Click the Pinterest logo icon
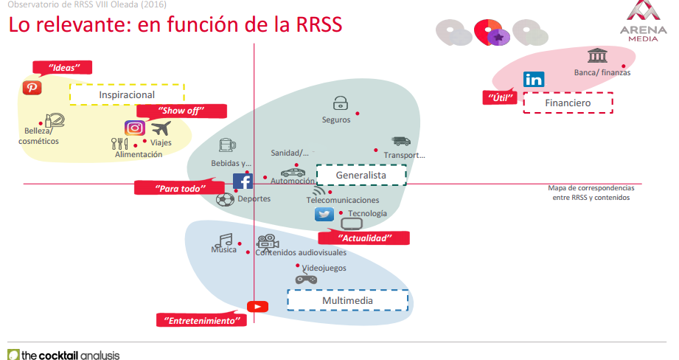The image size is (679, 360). pos(32,87)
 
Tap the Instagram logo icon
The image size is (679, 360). pos(134,128)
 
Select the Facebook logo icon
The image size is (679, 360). pos(243,181)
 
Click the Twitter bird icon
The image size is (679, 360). pos(324,214)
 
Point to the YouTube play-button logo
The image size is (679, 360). pos(257,306)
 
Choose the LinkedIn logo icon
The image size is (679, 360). pos(533,80)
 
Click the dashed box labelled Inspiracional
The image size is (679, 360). pos(127,94)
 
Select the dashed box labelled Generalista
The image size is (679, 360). pos(361,175)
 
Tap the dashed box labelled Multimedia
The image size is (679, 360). pos(347,300)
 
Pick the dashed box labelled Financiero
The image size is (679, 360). pos(568,103)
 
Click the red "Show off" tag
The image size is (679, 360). pos(181,111)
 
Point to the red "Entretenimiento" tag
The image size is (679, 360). pos(201,321)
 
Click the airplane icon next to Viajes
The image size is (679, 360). pos(160,128)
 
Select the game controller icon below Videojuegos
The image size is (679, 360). pos(306,279)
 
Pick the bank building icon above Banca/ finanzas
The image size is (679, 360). pos(597,56)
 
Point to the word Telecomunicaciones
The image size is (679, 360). pos(343,200)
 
